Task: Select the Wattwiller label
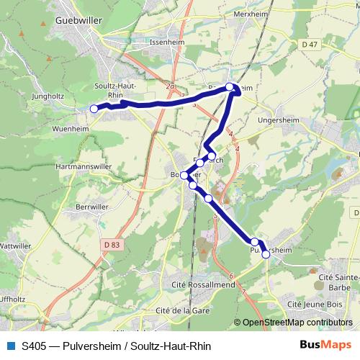pos(19,246)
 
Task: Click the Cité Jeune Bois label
pos(315,305)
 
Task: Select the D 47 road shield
pos(310,45)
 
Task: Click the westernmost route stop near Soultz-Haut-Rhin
pos(94,109)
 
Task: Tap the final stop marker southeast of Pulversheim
pos(266,253)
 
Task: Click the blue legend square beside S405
pos(10,346)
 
